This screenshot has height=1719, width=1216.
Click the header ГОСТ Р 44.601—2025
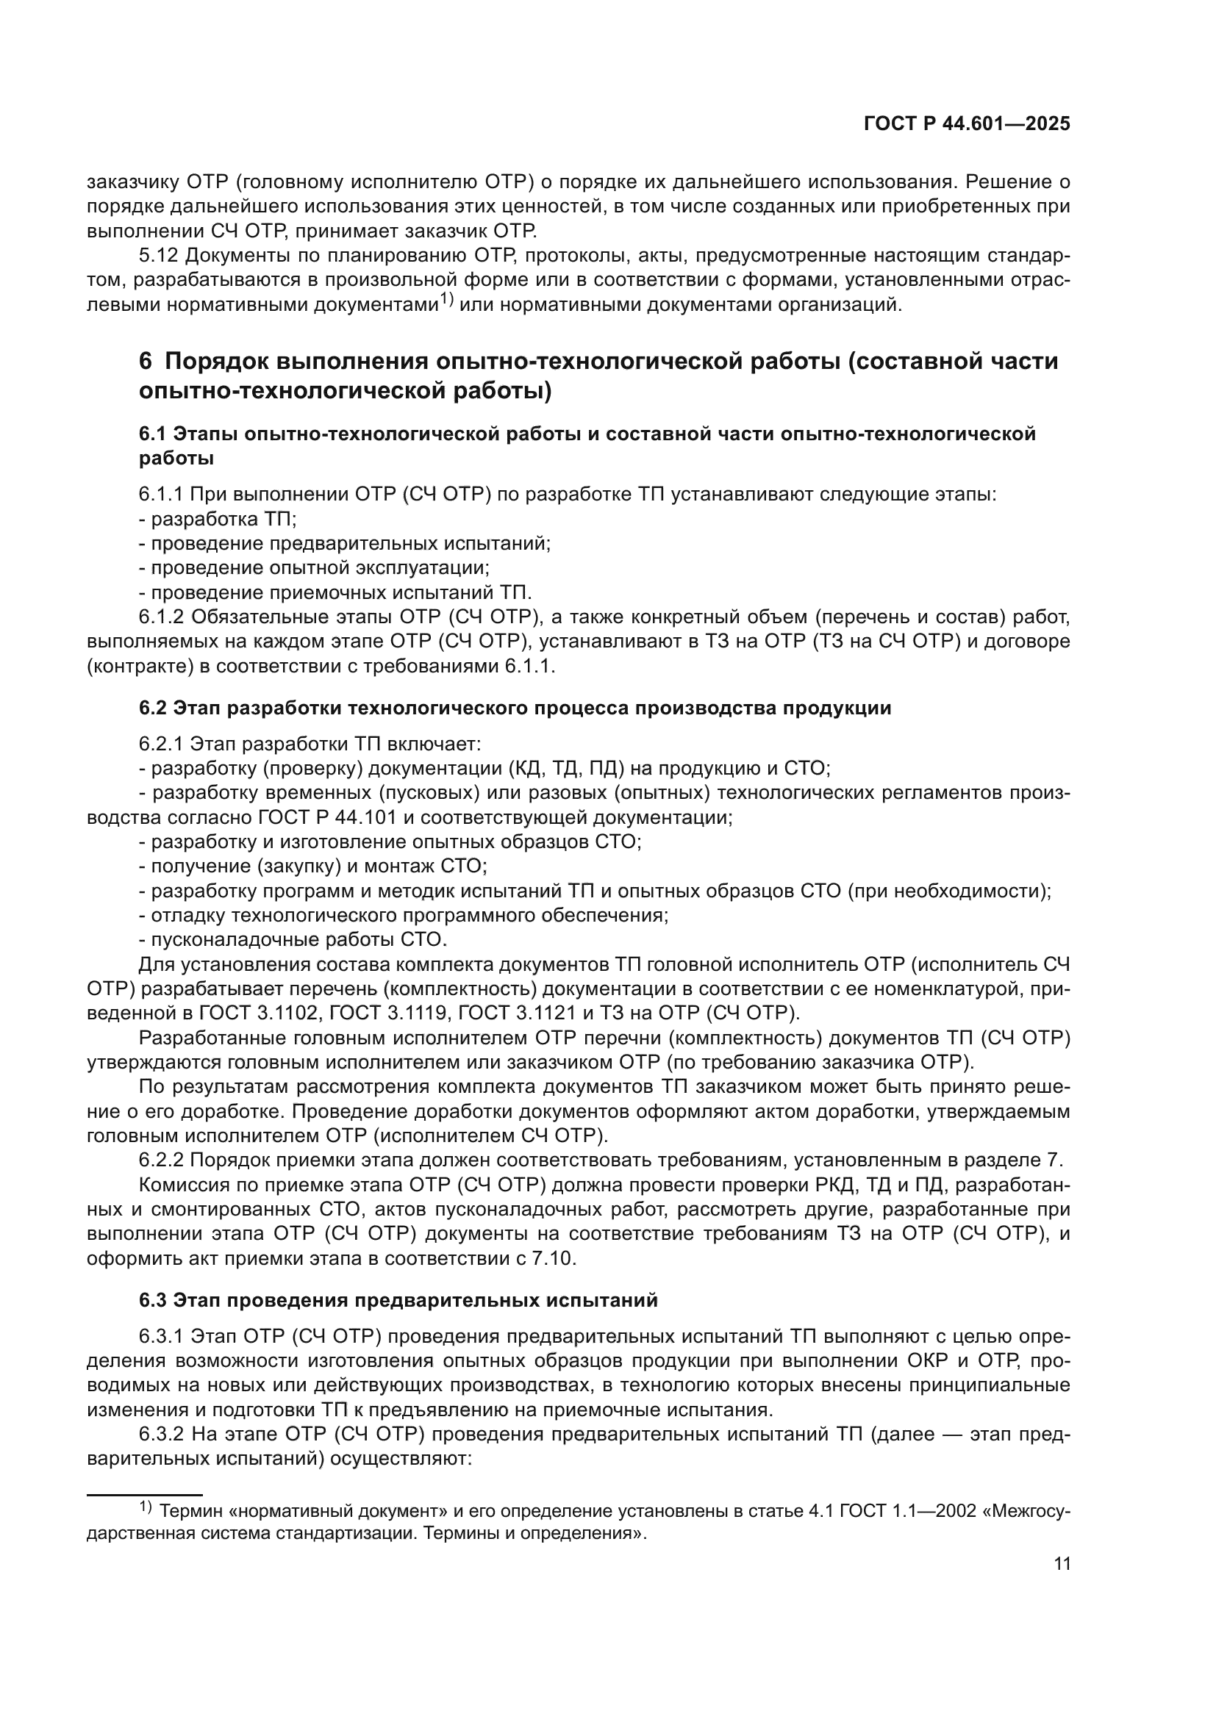click(x=967, y=124)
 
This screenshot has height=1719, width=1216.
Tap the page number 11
click(x=1062, y=1585)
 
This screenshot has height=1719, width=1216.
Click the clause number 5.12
click(x=158, y=256)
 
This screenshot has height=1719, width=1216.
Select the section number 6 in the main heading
click(x=146, y=361)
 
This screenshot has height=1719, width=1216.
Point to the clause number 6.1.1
click(x=160, y=494)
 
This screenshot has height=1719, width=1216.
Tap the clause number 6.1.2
click(x=160, y=617)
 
